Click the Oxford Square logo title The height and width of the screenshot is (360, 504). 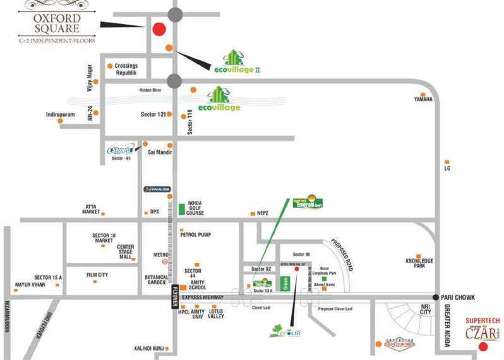point(57,22)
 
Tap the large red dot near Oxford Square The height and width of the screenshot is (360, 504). point(159,28)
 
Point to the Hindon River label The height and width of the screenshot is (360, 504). point(152,90)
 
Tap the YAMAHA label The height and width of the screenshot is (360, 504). point(423,99)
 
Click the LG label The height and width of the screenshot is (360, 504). point(447,169)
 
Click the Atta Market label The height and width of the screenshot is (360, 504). point(90,209)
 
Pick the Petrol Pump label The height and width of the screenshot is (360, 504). point(196,234)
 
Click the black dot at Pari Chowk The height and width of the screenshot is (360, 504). point(436,297)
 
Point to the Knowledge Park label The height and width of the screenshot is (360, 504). point(419,263)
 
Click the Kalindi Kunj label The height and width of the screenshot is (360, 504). point(148,348)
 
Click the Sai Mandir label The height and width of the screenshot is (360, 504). point(160,152)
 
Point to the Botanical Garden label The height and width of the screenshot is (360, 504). point(156,280)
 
